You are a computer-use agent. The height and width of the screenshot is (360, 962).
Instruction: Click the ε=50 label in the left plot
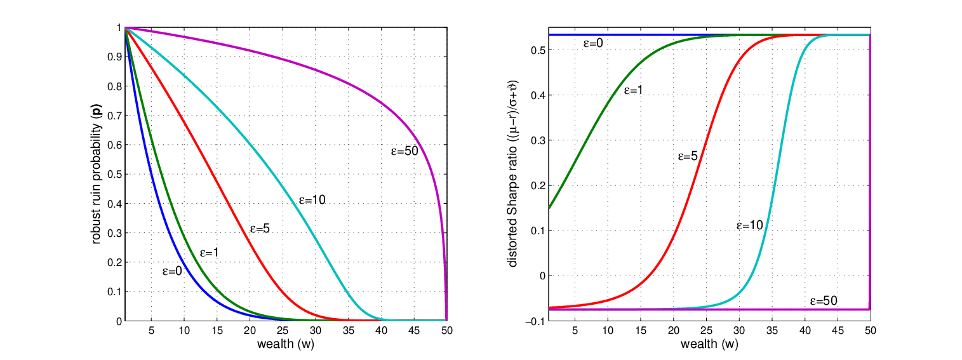404,150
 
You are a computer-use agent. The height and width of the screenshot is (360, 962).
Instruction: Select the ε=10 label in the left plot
312,200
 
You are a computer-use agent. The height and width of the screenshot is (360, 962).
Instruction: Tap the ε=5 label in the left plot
260,229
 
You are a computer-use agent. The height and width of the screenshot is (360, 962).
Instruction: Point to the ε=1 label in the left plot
209,253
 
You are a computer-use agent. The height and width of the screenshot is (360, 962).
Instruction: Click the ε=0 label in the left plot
172,271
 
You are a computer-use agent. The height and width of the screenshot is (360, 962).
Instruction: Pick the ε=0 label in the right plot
593,43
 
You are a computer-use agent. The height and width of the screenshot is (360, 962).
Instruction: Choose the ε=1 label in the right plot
634,90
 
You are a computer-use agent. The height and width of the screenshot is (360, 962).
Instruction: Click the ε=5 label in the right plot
688,156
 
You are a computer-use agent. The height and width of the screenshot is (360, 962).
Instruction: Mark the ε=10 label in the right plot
750,225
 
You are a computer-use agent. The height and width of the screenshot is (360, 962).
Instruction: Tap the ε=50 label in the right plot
824,301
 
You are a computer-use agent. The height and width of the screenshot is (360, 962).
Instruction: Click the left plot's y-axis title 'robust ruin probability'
97,177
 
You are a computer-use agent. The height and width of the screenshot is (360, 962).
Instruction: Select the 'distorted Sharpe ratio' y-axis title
513,173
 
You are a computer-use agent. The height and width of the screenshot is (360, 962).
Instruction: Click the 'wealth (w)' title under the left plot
286,344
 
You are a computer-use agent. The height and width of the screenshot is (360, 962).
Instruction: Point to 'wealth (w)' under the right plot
709,344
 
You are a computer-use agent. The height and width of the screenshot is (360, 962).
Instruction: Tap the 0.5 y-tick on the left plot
114,175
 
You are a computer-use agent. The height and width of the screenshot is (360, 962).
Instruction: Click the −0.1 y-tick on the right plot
535,322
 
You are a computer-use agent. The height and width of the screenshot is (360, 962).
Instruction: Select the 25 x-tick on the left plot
283,330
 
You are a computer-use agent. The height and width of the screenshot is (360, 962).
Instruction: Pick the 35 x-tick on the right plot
772,330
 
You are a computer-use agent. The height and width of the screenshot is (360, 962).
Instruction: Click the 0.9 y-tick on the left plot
114,57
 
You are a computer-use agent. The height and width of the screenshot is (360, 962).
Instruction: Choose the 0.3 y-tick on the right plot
538,140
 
